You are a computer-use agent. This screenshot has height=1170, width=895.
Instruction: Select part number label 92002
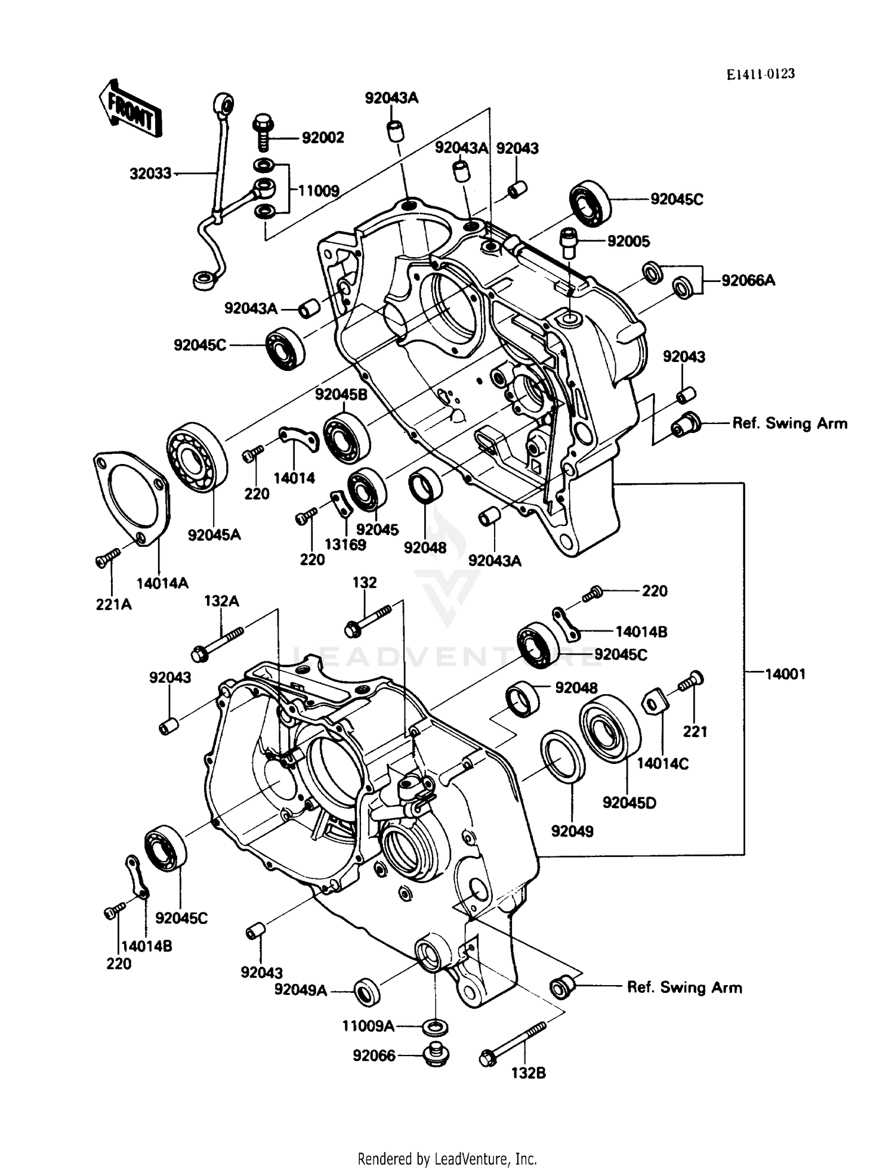323,138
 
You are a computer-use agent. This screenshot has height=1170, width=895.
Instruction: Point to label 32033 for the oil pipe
150,174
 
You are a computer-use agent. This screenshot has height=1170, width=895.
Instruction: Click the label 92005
628,242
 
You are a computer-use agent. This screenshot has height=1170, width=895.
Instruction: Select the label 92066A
748,280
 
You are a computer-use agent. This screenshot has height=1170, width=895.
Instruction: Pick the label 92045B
341,394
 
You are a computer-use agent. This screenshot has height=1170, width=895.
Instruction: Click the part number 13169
345,544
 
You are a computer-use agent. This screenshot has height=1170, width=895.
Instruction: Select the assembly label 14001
785,674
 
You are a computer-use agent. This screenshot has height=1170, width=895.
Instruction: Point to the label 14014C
662,763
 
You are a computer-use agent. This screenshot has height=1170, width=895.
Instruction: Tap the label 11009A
368,1026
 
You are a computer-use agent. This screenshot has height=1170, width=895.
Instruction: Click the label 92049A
301,991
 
